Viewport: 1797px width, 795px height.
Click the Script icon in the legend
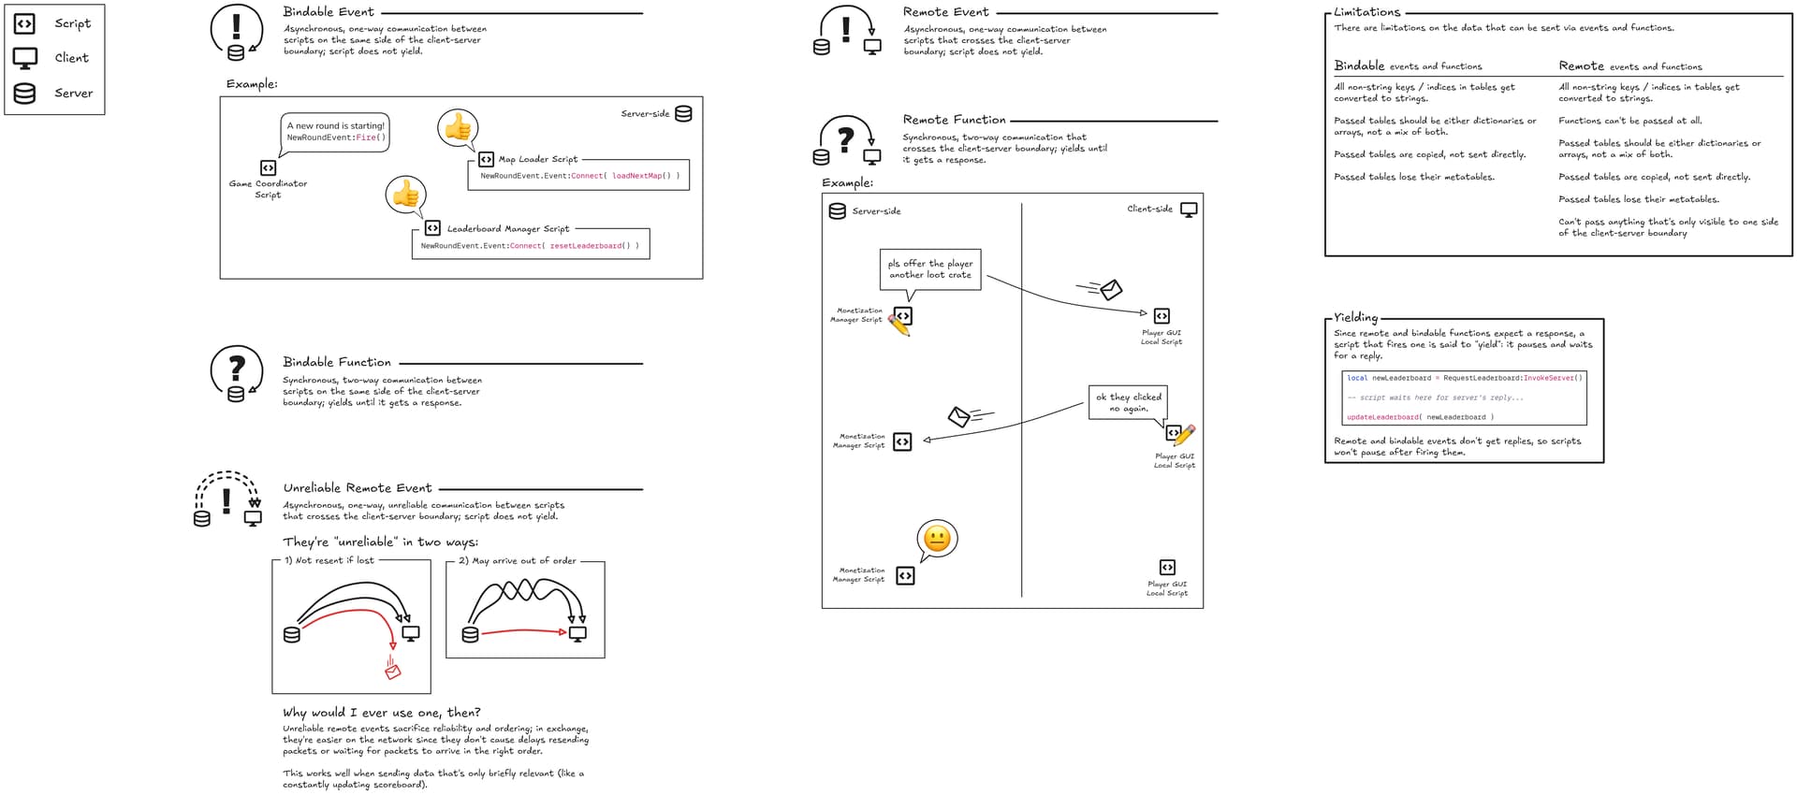tap(24, 24)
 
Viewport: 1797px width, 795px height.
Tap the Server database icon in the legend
tap(25, 93)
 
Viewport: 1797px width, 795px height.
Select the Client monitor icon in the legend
tap(25, 58)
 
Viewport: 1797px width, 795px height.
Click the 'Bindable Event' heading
tap(329, 12)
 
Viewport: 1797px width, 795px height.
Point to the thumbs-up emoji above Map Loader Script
tap(458, 127)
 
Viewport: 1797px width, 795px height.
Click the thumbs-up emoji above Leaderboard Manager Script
tap(405, 195)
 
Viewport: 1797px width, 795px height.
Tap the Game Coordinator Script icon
tap(269, 167)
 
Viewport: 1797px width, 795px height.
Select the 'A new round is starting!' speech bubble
tap(335, 132)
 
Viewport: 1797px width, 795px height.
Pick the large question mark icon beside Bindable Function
tap(237, 368)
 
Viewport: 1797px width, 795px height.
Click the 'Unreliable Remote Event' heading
tap(358, 488)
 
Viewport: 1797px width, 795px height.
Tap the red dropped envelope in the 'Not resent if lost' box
tap(393, 670)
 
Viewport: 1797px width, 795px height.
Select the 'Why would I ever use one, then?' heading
tap(382, 713)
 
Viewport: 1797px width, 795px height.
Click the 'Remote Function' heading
tap(954, 120)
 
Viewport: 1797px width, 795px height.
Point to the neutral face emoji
tap(937, 539)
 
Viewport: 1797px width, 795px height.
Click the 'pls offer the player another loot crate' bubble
tap(930, 269)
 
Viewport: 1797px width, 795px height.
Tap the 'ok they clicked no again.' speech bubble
tap(1128, 402)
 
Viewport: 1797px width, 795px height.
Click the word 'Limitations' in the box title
tap(1367, 12)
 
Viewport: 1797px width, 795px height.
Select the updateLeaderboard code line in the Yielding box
tap(1420, 417)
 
